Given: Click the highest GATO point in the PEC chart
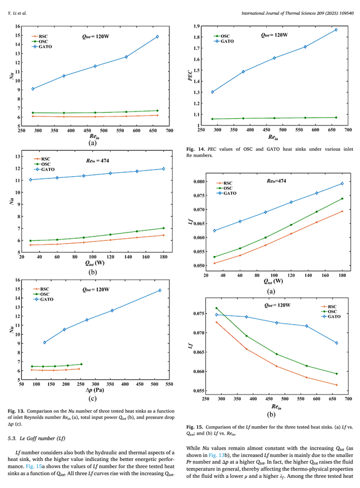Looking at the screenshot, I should coord(336,30).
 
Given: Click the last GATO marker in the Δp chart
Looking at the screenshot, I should coord(160,290).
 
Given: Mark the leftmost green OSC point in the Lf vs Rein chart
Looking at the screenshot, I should coord(217,308).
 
